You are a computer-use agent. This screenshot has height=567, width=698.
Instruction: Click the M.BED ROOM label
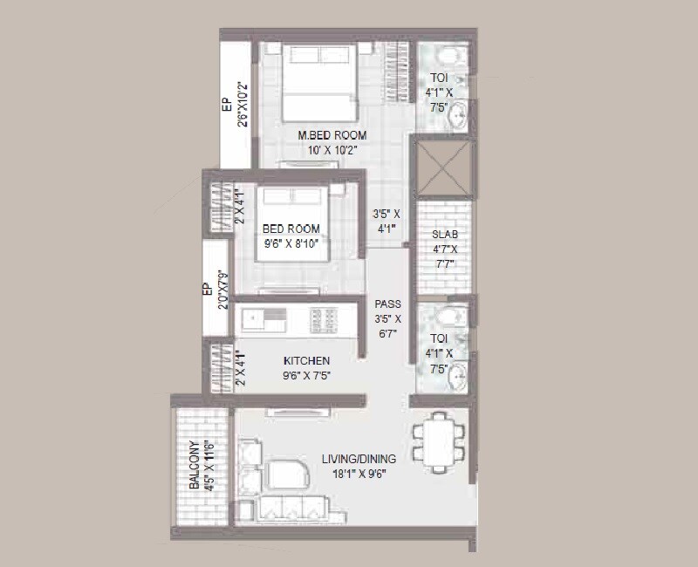click(x=332, y=136)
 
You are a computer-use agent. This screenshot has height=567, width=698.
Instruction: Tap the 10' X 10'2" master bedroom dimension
click(x=332, y=150)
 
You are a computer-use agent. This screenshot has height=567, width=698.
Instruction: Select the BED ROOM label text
click(x=291, y=229)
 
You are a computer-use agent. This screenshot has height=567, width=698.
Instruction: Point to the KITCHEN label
click(x=305, y=361)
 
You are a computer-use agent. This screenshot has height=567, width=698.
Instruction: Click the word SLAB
click(x=444, y=236)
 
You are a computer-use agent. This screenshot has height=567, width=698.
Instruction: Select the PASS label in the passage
click(x=387, y=304)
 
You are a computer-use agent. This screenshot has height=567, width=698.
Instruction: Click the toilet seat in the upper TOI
click(x=446, y=58)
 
